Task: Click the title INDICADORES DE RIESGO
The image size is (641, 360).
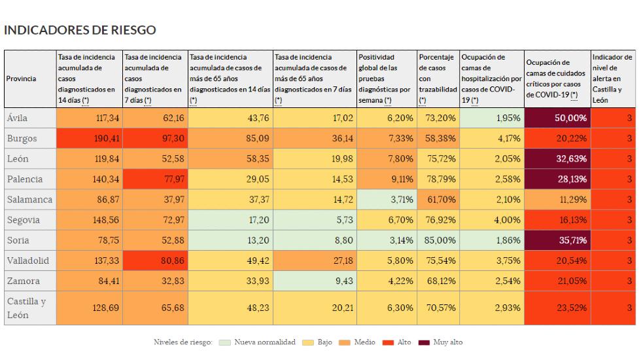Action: click(x=80, y=30)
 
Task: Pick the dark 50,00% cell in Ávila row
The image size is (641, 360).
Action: click(x=557, y=118)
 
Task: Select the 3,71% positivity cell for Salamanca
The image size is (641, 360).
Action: click(x=385, y=200)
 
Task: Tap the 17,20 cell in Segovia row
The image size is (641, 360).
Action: click(x=230, y=220)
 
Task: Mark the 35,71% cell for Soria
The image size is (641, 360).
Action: click(x=557, y=240)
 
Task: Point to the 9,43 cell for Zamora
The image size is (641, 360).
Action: click(x=314, y=281)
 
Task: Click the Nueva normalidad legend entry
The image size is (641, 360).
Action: click(x=258, y=342)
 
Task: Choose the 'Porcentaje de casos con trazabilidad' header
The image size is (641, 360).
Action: click(x=437, y=79)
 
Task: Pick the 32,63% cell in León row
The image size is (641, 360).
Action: click(x=557, y=159)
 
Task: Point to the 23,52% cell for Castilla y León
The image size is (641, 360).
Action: click(x=557, y=308)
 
